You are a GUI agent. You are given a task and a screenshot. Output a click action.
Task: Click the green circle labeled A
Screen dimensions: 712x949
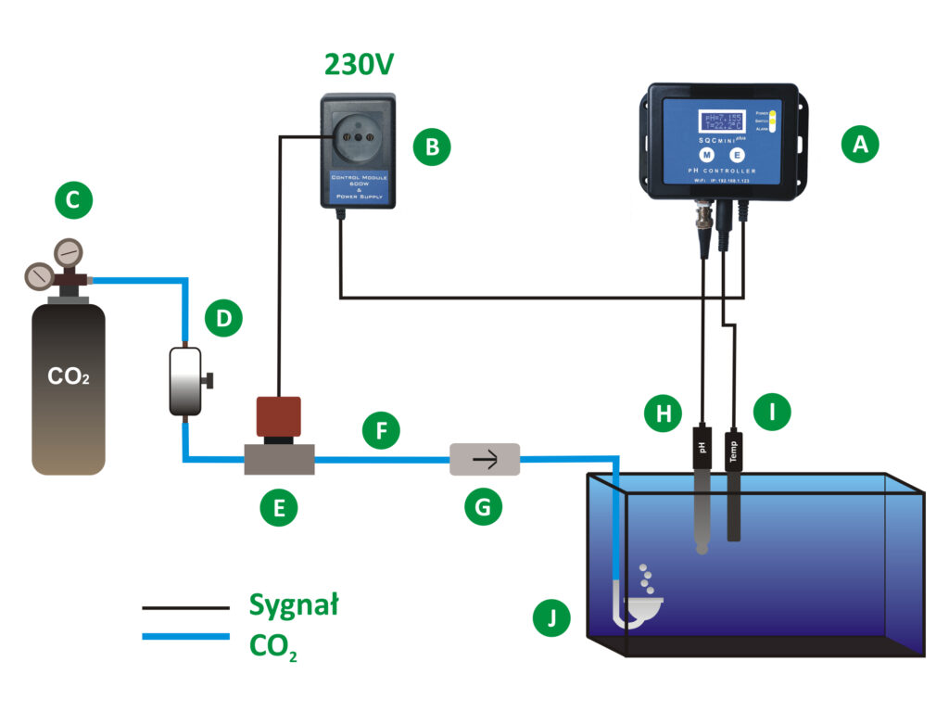click(859, 145)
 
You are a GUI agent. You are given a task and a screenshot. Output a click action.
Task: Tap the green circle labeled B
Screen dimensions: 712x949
click(432, 146)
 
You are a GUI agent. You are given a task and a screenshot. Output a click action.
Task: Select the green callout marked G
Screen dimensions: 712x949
click(483, 506)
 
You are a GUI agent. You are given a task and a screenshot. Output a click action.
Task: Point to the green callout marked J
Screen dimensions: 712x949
click(553, 617)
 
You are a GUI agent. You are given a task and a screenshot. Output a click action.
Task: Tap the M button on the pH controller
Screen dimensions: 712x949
click(705, 155)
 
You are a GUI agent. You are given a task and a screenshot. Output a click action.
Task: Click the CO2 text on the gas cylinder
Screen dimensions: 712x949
click(68, 379)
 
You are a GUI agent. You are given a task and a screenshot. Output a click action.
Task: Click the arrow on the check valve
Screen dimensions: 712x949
click(484, 458)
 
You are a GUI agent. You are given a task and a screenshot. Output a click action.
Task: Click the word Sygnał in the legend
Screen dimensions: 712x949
click(294, 605)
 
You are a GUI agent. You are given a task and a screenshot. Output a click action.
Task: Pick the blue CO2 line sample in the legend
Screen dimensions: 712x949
click(185, 637)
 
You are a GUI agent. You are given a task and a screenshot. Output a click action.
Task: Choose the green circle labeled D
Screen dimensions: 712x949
click(223, 320)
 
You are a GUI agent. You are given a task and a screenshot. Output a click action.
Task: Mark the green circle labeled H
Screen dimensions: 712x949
click(664, 413)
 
